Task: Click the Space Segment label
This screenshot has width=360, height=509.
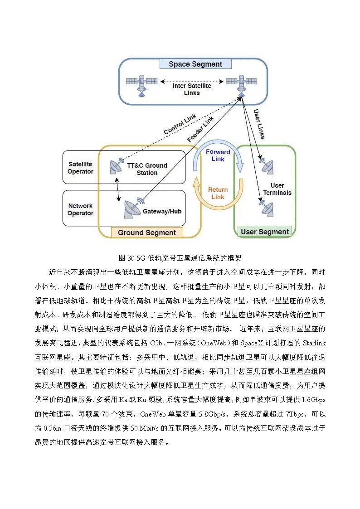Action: coord(195,64)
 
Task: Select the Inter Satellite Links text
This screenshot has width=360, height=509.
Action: coord(192,89)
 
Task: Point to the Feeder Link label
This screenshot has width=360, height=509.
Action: coord(200,129)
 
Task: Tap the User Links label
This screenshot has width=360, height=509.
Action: coord(259,124)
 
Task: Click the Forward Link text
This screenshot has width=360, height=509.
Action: coord(218,155)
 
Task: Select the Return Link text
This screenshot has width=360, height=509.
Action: coord(218,193)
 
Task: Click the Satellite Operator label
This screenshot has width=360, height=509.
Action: coord(80,168)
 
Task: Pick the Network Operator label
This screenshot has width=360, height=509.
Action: coord(80,209)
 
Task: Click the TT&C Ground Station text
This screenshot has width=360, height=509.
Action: coord(147,169)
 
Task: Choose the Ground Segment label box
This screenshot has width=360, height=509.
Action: coord(147,233)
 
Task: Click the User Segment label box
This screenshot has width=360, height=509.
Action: coord(265,232)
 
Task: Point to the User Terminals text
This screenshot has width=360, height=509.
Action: coord(277,189)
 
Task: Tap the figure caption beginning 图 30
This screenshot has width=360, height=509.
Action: coord(180,258)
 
